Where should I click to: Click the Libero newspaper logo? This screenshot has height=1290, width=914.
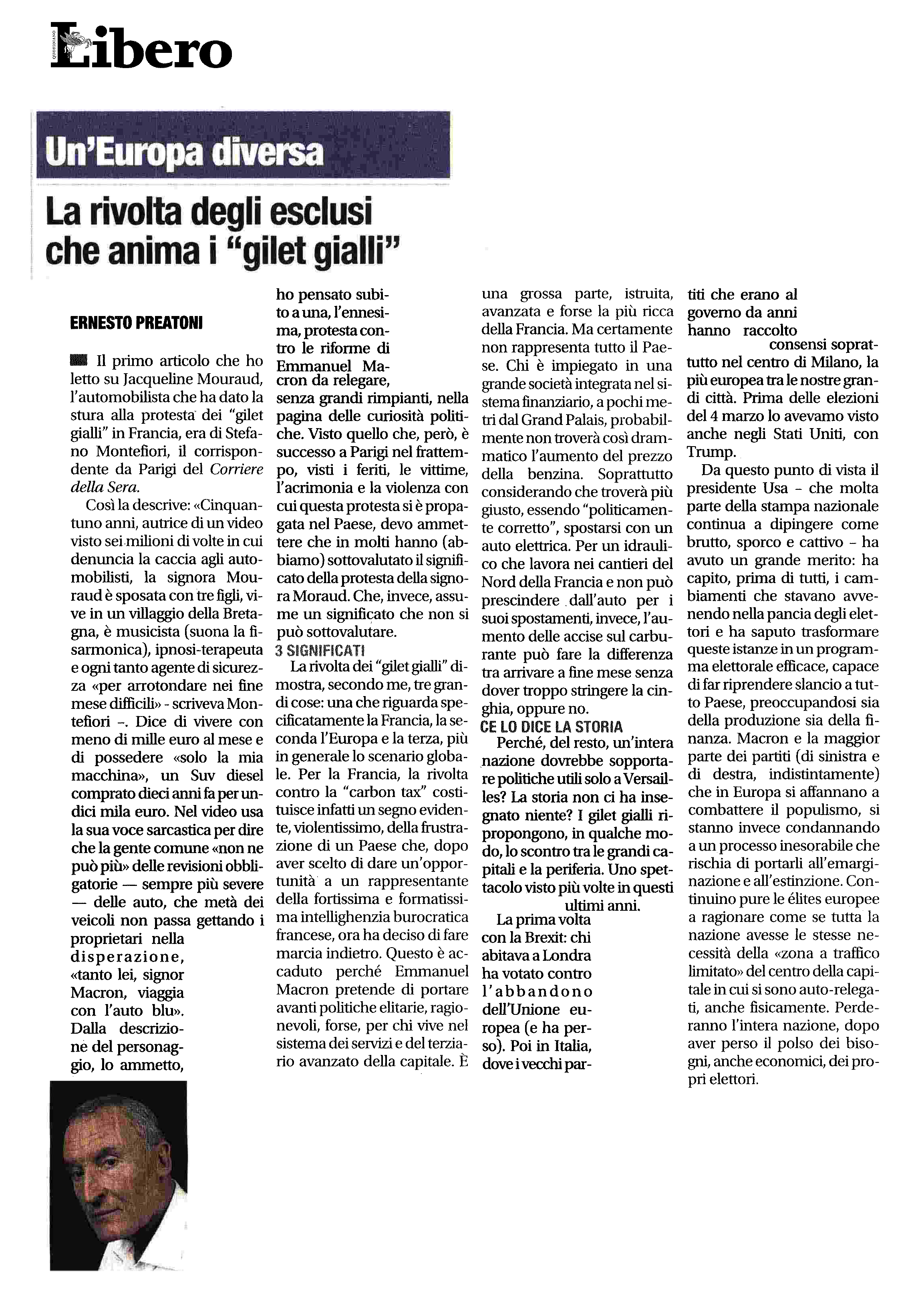pyautogui.click(x=141, y=46)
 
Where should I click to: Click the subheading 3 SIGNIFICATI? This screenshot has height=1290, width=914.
pyautogui.click(x=320, y=651)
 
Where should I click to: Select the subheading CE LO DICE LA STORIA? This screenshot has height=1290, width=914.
pyautogui.click(x=552, y=727)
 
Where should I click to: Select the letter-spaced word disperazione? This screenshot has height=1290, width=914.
pyautogui.click(x=127, y=957)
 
